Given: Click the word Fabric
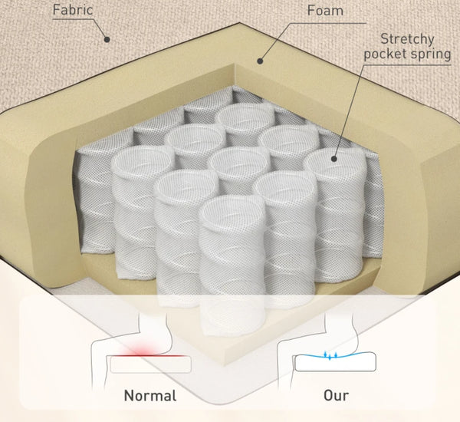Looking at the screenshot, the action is pyautogui.click(x=73, y=10).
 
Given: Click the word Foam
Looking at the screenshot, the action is pyautogui.click(x=325, y=11).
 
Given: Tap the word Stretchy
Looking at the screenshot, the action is pyautogui.click(x=407, y=40).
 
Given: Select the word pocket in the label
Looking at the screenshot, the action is pyautogui.click(x=383, y=54).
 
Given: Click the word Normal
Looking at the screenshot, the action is pyautogui.click(x=150, y=396).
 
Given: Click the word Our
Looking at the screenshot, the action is pyautogui.click(x=337, y=396).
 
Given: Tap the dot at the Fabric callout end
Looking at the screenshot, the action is pyautogui.click(x=107, y=39).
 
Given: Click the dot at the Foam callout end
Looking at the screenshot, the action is pyautogui.click(x=260, y=61).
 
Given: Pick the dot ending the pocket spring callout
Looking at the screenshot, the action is pyautogui.click(x=333, y=159).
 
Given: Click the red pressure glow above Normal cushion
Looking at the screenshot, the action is pyautogui.click(x=140, y=351).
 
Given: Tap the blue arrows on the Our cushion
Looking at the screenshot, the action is pyautogui.click(x=330, y=355).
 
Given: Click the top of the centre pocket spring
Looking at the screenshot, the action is pyautogui.click(x=240, y=162).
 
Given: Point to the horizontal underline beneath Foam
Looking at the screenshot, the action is pyautogui.click(x=327, y=23).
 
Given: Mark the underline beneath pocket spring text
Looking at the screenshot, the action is pyautogui.click(x=407, y=65).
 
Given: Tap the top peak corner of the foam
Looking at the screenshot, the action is pyautogui.click(x=240, y=24).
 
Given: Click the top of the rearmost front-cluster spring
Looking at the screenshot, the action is pyautogui.click(x=246, y=117).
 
